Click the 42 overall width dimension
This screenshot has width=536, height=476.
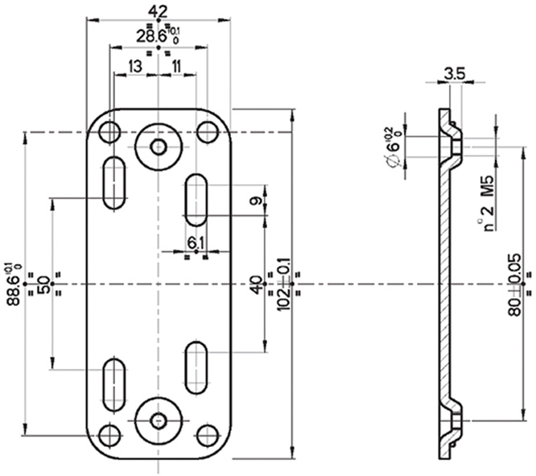coord(158,10)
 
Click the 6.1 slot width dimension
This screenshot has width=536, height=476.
coord(196,242)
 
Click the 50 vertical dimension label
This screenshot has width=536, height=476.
coord(42,284)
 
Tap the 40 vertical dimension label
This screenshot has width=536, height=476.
coord(257,284)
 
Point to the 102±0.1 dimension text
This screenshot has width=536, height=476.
coord(282,284)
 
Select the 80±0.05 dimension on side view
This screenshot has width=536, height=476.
coord(514,284)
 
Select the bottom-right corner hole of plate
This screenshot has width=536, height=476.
coord(208,435)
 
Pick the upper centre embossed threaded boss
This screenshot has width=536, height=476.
coord(159,146)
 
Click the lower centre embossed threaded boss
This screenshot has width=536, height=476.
coord(159,420)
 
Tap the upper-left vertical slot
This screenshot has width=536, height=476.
coord(113,184)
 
